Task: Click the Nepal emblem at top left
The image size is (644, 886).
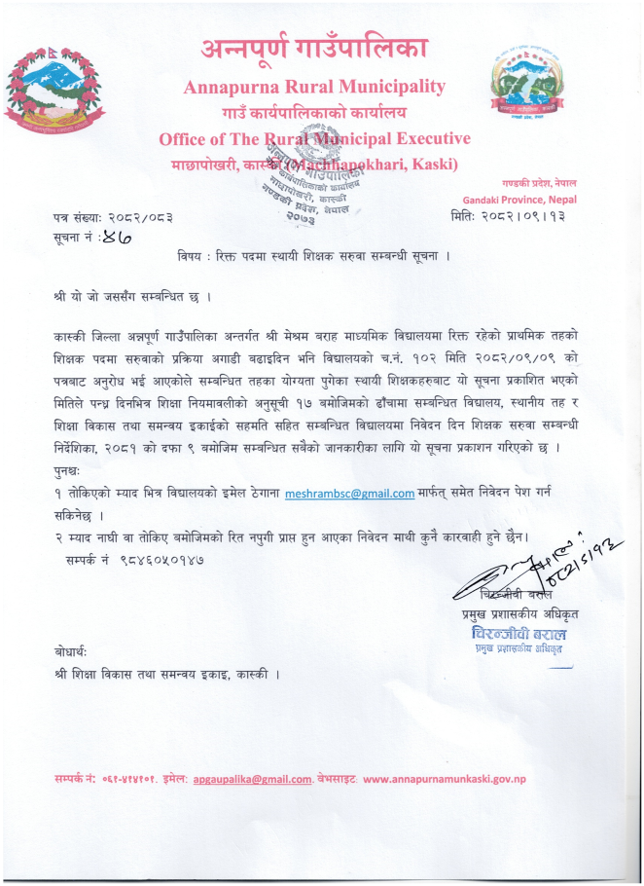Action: coord(50,91)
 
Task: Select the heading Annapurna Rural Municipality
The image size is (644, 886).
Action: coord(314,87)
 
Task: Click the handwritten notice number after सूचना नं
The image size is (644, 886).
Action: coord(116,235)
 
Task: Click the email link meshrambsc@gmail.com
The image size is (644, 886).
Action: coord(349,494)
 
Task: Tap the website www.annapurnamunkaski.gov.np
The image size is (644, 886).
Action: coord(445,779)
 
